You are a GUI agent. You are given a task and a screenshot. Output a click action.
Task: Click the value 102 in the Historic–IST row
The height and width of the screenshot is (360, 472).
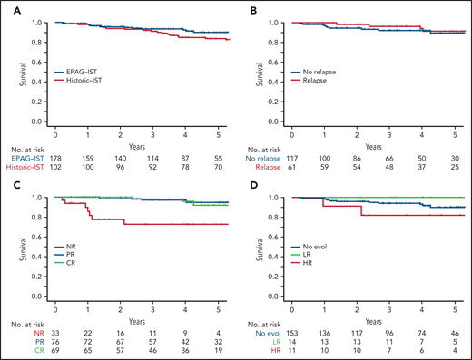point(55,166)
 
